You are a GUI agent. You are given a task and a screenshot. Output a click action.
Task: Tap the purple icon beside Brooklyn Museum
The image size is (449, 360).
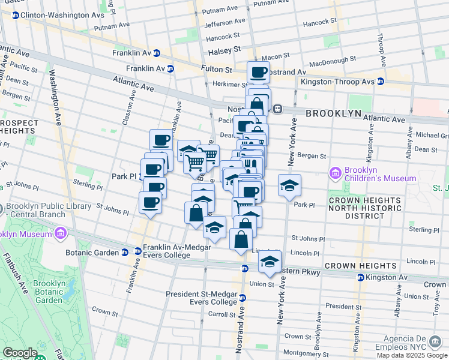(x=60, y=233)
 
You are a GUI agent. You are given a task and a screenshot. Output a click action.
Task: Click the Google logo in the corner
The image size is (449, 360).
(x=20, y=353)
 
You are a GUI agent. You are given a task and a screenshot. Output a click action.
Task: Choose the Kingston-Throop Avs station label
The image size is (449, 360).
(x=354, y=81)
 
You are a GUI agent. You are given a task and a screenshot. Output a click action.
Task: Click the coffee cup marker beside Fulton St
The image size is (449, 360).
(x=258, y=73)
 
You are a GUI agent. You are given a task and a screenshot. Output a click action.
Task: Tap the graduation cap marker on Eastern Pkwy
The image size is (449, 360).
(x=270, y=262)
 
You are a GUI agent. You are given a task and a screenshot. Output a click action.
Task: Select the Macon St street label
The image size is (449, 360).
(x=276, y=57)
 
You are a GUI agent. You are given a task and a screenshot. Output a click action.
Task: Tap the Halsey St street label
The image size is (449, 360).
(x=228, y=49)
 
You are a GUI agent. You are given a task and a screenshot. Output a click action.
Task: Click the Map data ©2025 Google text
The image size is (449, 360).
(x=411, y=355)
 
